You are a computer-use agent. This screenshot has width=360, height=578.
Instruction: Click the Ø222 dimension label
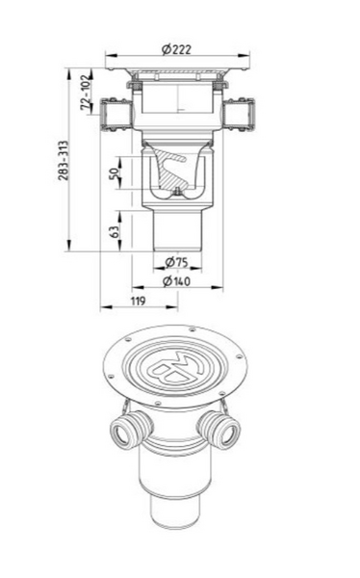[x=176, y=49]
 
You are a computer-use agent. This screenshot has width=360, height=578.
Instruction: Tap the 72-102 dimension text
[x=86, y=92]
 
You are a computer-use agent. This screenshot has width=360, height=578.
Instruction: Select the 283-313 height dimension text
[x=64, y=160]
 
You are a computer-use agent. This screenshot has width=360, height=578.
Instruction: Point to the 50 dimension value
[x=115, y=172]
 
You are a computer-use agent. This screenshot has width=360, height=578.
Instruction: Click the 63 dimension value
[x=115, y=231]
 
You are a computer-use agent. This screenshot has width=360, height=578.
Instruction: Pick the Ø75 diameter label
[x=176, y=262]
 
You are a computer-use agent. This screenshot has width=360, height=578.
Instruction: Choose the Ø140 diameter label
[x=176, y=281]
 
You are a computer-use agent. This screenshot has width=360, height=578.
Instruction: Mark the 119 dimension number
[x=139, y=302]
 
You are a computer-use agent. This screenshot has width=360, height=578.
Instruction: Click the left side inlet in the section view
[x=116, y=115]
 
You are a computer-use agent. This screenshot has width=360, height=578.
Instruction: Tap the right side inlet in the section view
[x=239, y=115]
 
